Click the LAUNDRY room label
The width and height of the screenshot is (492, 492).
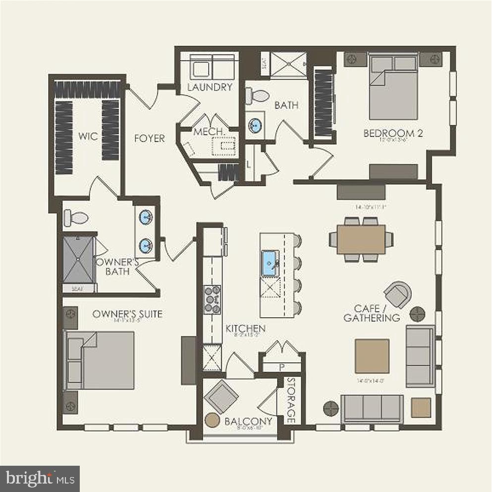pos(210,87)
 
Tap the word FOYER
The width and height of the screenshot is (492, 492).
pos(149,138)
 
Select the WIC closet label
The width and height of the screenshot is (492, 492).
pos(87,136)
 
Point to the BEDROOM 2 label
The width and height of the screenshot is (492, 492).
pos(392,133)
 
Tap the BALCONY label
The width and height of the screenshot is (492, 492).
pos(248,422)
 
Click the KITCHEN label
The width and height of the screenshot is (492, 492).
pos(245,328)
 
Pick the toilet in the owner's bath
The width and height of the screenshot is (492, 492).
pos(76,217)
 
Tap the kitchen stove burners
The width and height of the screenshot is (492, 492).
pos(213,299)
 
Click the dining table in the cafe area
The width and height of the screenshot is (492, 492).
pos(361,239)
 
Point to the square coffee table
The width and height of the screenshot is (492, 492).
pos(372,356)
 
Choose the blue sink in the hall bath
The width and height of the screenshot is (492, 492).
pos(256,125)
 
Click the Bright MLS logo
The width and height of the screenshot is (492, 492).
pos(40,479)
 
